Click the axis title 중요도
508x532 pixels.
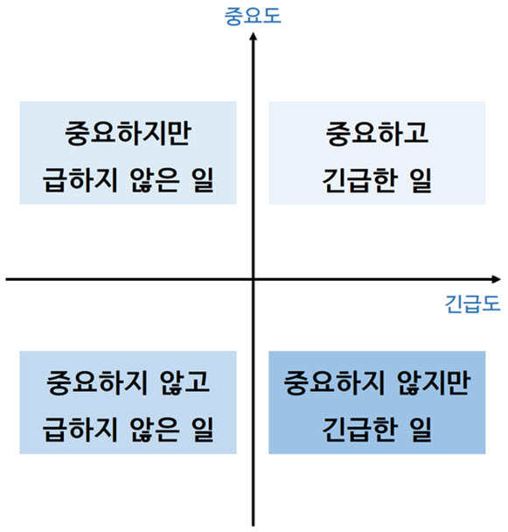[x=253, y=16]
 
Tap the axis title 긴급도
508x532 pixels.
[x=472, y=304]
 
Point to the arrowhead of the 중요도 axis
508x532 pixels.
[x=253, y=36]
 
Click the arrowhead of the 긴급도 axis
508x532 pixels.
[x=497, y=279]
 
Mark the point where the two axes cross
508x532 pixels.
[x=253, y=279]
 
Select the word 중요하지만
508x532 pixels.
[x=128, y=133]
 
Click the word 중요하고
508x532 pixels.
[x=377, y=133]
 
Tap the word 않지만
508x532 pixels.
[x=434, y=382]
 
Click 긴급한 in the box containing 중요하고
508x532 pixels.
[x=358, y=180]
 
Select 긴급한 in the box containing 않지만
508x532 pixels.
[x=358, y=430]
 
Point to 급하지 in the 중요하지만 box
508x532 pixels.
[x=80, y=180]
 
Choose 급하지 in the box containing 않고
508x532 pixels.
[x=80, y=430]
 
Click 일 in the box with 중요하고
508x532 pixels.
[x=421, y=180]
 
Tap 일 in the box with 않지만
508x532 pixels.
[x=421, y=430]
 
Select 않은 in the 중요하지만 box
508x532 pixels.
[x=154, y=180]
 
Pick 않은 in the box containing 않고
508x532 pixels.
[x=154, y=430]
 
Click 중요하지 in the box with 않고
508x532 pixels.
[x=97, y=382]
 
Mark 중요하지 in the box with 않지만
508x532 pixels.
[x=334, y=382]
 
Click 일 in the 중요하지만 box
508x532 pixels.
[x=203, y=180]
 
